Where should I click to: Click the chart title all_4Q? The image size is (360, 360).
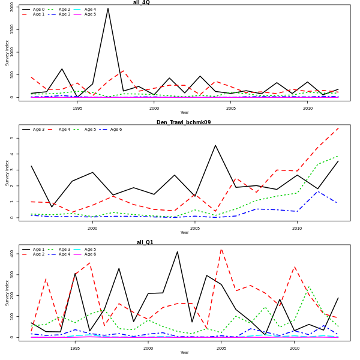142,2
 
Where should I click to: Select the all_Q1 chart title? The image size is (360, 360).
145,242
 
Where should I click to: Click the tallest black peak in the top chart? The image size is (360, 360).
108,8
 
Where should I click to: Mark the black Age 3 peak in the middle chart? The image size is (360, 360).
215,145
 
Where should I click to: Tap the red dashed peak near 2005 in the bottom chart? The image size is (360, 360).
221,248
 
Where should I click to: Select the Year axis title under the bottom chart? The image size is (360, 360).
184,353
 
